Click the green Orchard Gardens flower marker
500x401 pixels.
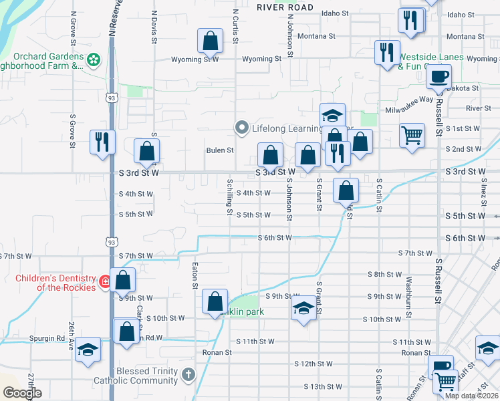point(94,59)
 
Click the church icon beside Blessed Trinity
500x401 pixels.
point(189,376)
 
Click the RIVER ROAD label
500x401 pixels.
point(285,7)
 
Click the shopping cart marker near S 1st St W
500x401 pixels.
point(412,134)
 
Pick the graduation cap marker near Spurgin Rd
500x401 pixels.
point(88,350)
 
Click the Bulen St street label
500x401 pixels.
point(219,150)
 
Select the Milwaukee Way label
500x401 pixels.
point(409,110)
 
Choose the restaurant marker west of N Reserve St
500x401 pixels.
point(102,142)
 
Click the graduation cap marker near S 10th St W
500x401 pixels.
point(303,308)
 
